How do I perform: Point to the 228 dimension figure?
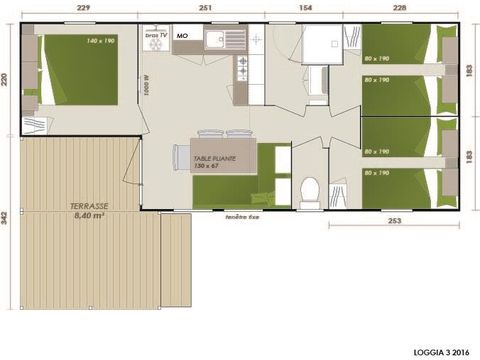(x=400, y=8)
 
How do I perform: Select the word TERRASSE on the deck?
(x=89, y=205)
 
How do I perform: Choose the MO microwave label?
(x=182, y=36)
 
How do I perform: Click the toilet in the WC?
(x=309, y=188)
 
